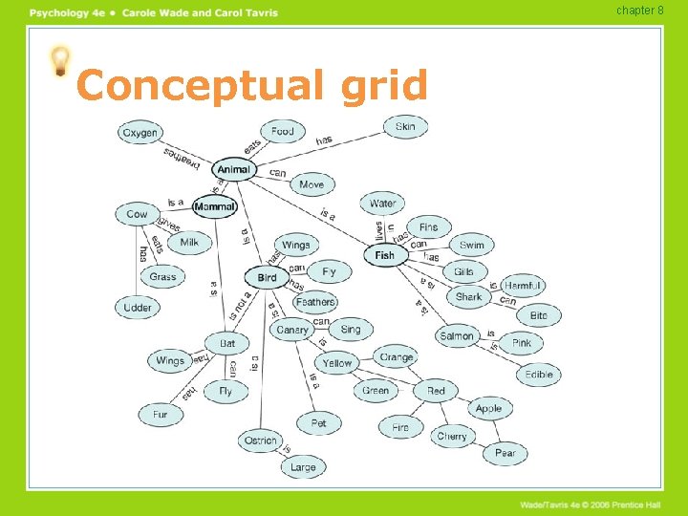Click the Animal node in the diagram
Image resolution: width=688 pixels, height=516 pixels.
pyautogui.click(x=233, y=170)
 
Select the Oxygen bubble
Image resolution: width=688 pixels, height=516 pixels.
pyautogui.click(x=140, y=133)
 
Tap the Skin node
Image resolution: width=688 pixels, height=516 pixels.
pyautogui.click(x=406, y=126)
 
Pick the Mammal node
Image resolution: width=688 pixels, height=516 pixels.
pyautogui.click(x=214, y=206)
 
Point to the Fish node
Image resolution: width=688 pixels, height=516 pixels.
pyautogui.click(x=385, y=255)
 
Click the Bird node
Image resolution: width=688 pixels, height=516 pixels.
pyautogui.click(x=267, y=278)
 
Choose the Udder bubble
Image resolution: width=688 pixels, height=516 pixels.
pyautogui.click(x=138, y=308)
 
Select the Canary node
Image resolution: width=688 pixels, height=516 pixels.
pyautogui.click(x=292, y=330)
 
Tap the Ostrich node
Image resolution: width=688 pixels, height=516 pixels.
pyautogui.click(x=261, y=441)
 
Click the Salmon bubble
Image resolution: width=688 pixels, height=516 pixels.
pyautogui.click(x=458, y=335)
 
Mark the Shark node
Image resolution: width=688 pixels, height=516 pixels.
pyautogui.click(x=469, y=297)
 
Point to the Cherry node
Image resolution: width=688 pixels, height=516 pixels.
pyautogui.click(x=452, y=437)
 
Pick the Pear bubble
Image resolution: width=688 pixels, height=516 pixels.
pyautogui.click(x=505, y=453)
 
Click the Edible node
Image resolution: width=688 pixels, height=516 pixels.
pyautogui.click(x=539, y=375)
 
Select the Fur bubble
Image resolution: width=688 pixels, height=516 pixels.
pyautogui.click(x=160, y=415)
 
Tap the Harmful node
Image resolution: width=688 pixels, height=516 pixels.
pyautogui.click(x=523, y=286)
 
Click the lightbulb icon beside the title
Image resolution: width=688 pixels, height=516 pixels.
pyautogui.click(x=60, y=62)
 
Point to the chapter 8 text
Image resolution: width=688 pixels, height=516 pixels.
pyautogui.click(x=639, y=11)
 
